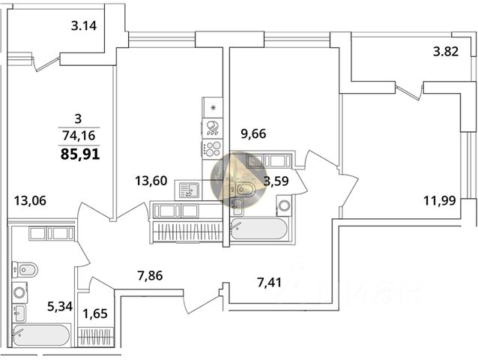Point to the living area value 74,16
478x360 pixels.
click(x=79, y=136)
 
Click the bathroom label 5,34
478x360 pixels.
click(x=61, y=305)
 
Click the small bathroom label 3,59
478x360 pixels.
click(x=278, y=180)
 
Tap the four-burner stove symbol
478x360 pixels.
click(x=213, y=148)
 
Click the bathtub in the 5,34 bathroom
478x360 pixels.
click(x=40, y=335)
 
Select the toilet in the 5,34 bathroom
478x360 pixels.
click(x=23, y=269)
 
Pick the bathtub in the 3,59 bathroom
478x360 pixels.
click(x=258, y=228)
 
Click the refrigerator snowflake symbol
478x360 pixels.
click(x=213, y=108)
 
